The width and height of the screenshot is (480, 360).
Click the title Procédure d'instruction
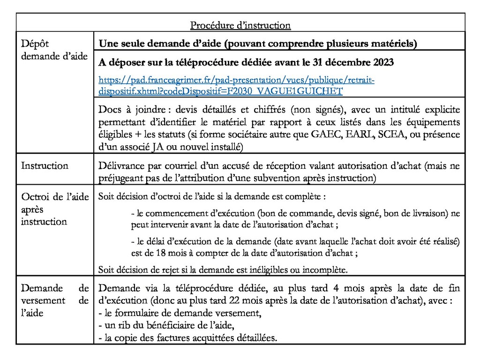click(x=240, y=25)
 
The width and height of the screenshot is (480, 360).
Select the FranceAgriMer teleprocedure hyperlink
click(x=237, y=85)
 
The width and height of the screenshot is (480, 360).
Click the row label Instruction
click(x=45, y=165)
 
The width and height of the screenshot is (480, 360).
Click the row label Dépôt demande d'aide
click(x=54, y=50)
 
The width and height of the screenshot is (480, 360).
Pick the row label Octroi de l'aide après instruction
click(x=54, y=209)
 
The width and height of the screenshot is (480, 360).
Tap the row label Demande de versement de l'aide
click(x=54, y=300)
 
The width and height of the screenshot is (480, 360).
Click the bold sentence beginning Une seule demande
click(x=257, y=44)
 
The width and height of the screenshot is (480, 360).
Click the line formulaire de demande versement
click(x=180, y=313)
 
